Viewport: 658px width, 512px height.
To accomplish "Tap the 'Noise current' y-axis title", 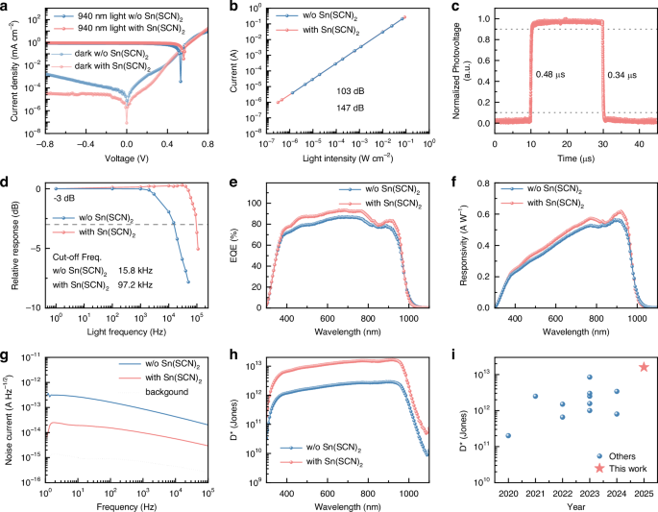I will pyautogui.click(x=12, y=418).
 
